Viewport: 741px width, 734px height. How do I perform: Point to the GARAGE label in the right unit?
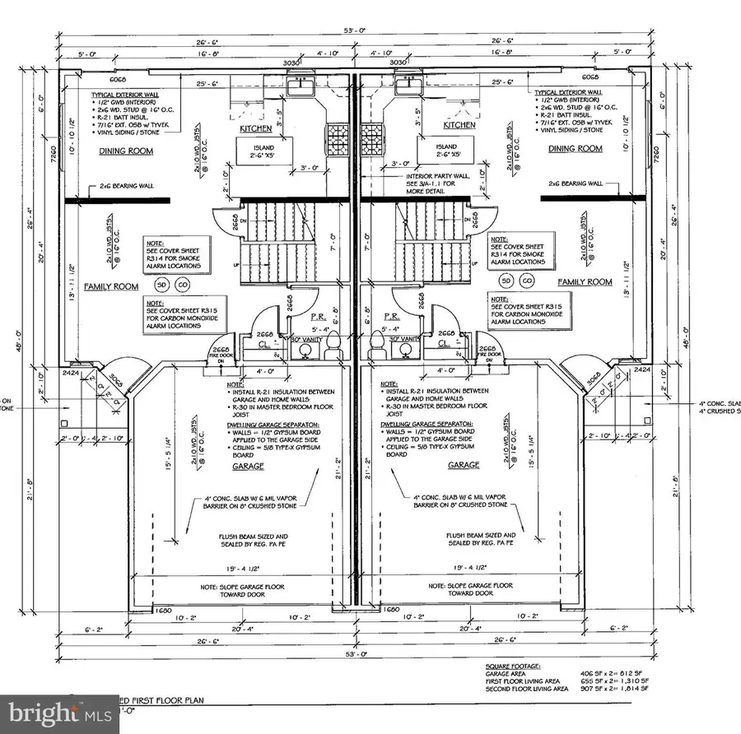[x=464, y=466]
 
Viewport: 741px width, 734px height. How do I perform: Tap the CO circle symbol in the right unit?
[x=524, y=281]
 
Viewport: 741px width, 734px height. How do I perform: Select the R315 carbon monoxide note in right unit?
[x=522, y=312]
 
